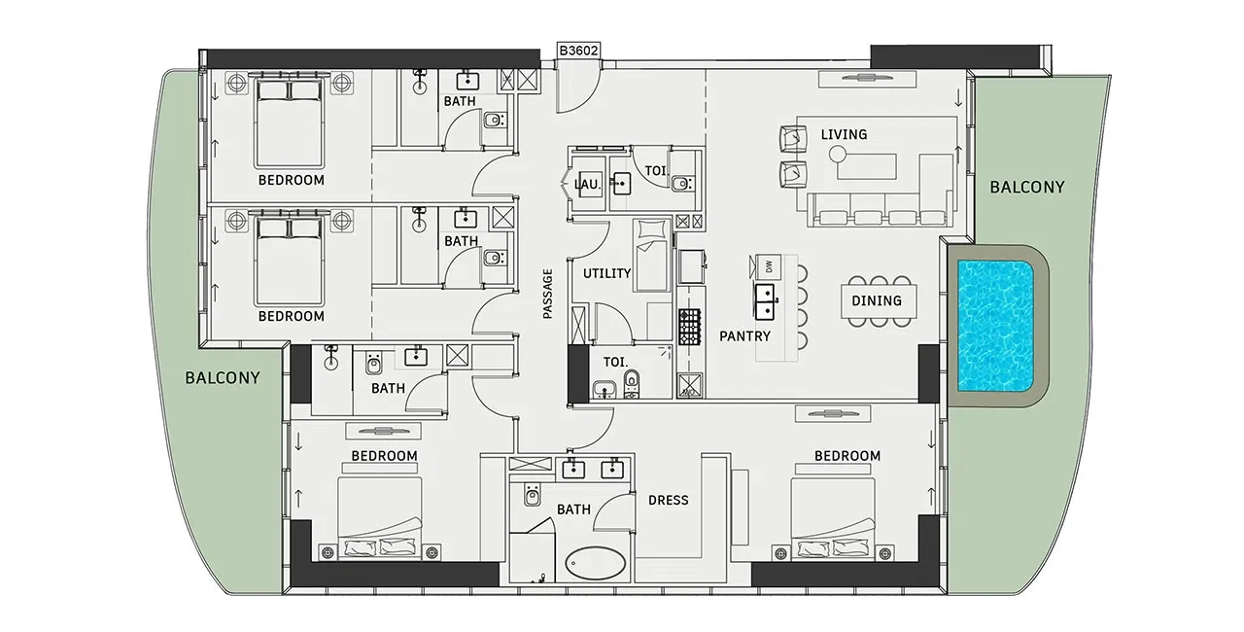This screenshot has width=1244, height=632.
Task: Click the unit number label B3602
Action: click(578, 51)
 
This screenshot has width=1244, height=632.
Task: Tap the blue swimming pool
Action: click(995, 326)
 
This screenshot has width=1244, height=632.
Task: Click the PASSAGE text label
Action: click(547, 294)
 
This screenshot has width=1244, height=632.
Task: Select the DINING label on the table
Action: click(877, 300)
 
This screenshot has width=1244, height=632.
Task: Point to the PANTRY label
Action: click(744, 336)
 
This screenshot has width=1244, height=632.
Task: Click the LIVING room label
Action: click(844, 134)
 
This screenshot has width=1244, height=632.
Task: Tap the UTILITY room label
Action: click(606, 273)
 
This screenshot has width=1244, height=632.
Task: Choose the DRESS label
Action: click(668, 500)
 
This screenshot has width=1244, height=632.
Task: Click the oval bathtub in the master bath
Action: click(596, 564)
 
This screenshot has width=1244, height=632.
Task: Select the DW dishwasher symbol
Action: click(768, 266)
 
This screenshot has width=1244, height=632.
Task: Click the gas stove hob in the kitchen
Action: click(689, 327)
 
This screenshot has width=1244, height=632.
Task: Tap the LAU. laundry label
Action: click(588, 184)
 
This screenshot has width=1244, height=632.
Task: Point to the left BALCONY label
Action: click(223, 377)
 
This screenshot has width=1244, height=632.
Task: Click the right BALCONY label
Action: click(1027, 187)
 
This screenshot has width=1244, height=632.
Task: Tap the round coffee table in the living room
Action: click(838, 154)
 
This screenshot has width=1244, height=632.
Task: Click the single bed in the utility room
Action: click(651, 256)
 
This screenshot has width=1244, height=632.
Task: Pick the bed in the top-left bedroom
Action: click(289, 123)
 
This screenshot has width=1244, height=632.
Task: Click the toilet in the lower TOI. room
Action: click(632, 383)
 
